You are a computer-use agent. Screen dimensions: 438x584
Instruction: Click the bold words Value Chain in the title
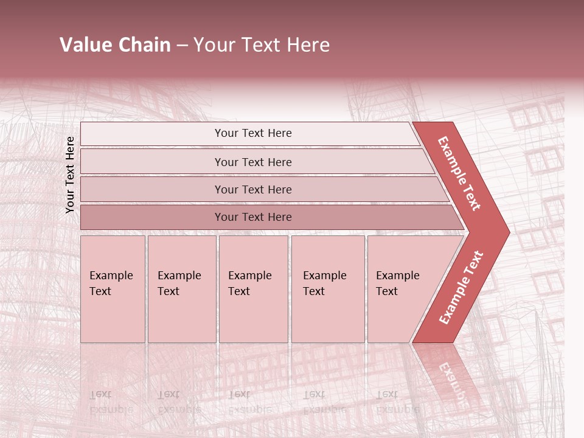click(115, 45)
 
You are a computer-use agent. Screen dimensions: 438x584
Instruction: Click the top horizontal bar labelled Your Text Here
click(252, 133)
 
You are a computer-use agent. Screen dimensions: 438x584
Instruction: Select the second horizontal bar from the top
click(252, 162)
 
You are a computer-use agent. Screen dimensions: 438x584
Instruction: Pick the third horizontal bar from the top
click(252, 189)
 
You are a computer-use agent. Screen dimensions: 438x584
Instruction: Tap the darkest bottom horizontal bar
click(252, 217)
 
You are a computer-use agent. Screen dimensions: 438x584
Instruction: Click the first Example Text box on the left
click(113, 288)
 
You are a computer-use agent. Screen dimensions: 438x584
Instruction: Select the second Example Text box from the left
click(181, 288)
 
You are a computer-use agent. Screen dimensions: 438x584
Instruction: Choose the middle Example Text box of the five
click(253, 288)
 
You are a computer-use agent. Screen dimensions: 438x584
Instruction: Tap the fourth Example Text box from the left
click(327, 288)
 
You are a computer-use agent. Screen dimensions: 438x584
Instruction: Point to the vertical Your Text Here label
click(70, 175)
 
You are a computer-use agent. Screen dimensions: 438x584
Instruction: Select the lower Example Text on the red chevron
click(461, 287)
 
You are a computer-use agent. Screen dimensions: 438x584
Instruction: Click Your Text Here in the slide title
click(262, 45)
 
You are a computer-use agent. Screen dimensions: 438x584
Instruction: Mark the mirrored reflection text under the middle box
click(249, 402)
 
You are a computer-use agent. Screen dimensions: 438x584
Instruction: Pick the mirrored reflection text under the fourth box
click(325, 402)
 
